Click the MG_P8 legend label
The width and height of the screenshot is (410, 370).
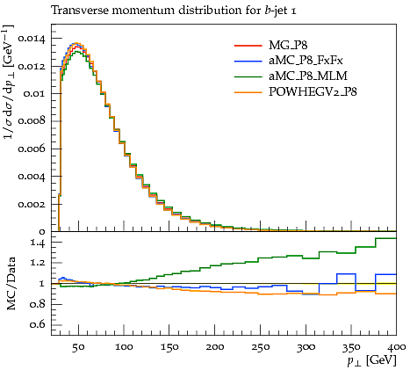(288, 46)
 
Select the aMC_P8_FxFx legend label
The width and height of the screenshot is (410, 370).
(306, 61)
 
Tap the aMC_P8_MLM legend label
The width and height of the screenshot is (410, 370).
(308, 76)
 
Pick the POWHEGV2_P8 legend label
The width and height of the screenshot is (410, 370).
(313, 92)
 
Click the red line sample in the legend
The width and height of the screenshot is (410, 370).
(248, 46)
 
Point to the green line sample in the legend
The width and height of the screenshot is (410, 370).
(248, 76)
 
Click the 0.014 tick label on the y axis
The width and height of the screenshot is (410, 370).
(32, 39)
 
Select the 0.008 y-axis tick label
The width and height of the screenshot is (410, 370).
(32, 121)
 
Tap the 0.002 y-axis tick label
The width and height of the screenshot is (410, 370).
(32, 204)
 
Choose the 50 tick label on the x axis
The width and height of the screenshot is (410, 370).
(78, 347)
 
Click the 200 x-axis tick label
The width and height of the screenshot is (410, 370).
(215, 347)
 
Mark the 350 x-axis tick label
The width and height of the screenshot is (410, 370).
(351, 347)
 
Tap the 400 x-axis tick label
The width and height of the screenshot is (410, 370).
(397, 347)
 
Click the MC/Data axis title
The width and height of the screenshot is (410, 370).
(11, 284)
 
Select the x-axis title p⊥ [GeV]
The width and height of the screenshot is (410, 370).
(371, 360)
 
